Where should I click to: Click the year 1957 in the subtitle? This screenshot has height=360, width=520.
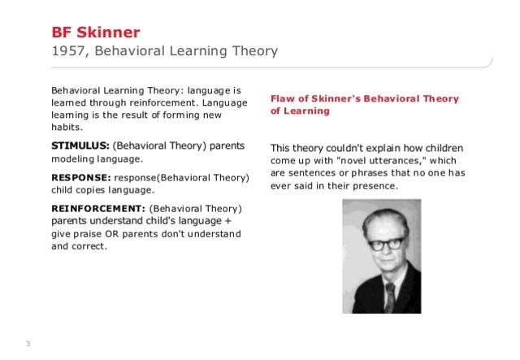pos(67,51)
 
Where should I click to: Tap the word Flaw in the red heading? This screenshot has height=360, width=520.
pos(281,98)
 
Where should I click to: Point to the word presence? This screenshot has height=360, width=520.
pos(375,186)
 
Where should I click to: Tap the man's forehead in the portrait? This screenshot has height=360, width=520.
pos(383,224)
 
